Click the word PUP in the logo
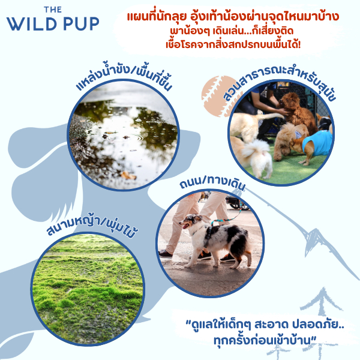pos(81,23)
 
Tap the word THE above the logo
pos(53,10)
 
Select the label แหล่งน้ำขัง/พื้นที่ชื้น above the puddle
pos(124,79)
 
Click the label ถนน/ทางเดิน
pos(212,183)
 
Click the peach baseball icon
pos(217,96)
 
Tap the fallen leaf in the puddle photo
pos(128,175)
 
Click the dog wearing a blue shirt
pos(312,145)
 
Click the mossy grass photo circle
pos(88,289)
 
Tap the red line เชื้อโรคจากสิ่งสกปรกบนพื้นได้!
pos(233,44)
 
